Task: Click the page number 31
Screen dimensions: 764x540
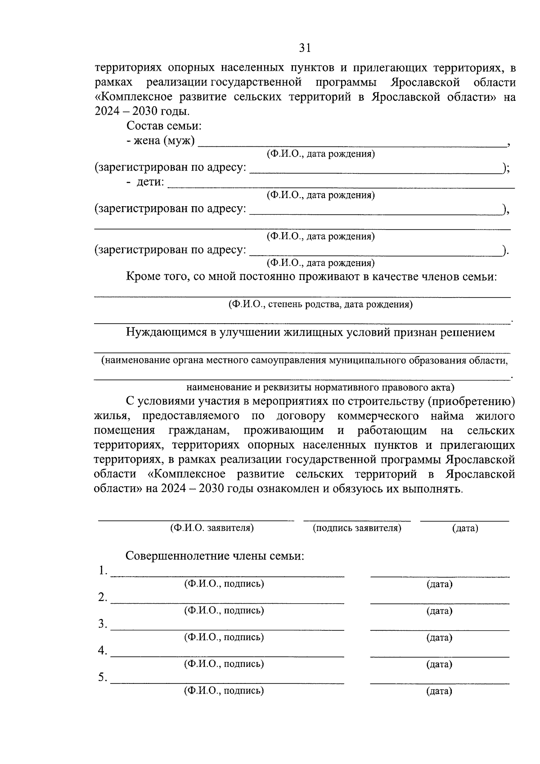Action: pyautogui.click(x=305, y=48)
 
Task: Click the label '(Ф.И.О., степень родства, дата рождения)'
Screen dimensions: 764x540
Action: pyautogui.click(x=320, y=304)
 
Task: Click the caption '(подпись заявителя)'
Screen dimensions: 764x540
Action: pyautogui.click(x=357, y=528)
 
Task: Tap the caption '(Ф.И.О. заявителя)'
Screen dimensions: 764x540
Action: pyautogui.click(x=211, y=528)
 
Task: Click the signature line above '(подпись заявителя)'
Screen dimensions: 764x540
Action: pyautogui.click(x=357, y=520)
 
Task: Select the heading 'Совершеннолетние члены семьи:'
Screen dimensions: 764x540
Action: pyautogui.click(x=215, y=556)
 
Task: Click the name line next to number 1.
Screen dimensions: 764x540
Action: pyautogui.click(x=227, y=575)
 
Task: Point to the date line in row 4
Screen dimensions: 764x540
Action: pyautogui.click(x=440, y=656)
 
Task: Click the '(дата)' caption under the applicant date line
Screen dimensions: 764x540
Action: pyautogui.click(x=465, y=529)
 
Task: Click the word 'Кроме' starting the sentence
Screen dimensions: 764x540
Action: pyautogui.click(x=142, y=276)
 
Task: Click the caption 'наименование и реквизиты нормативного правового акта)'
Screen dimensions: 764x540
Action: pyautogui.click(x=320, y=387)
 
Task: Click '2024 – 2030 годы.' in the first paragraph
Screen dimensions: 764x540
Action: pyautogui.click(x=142, y=112)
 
